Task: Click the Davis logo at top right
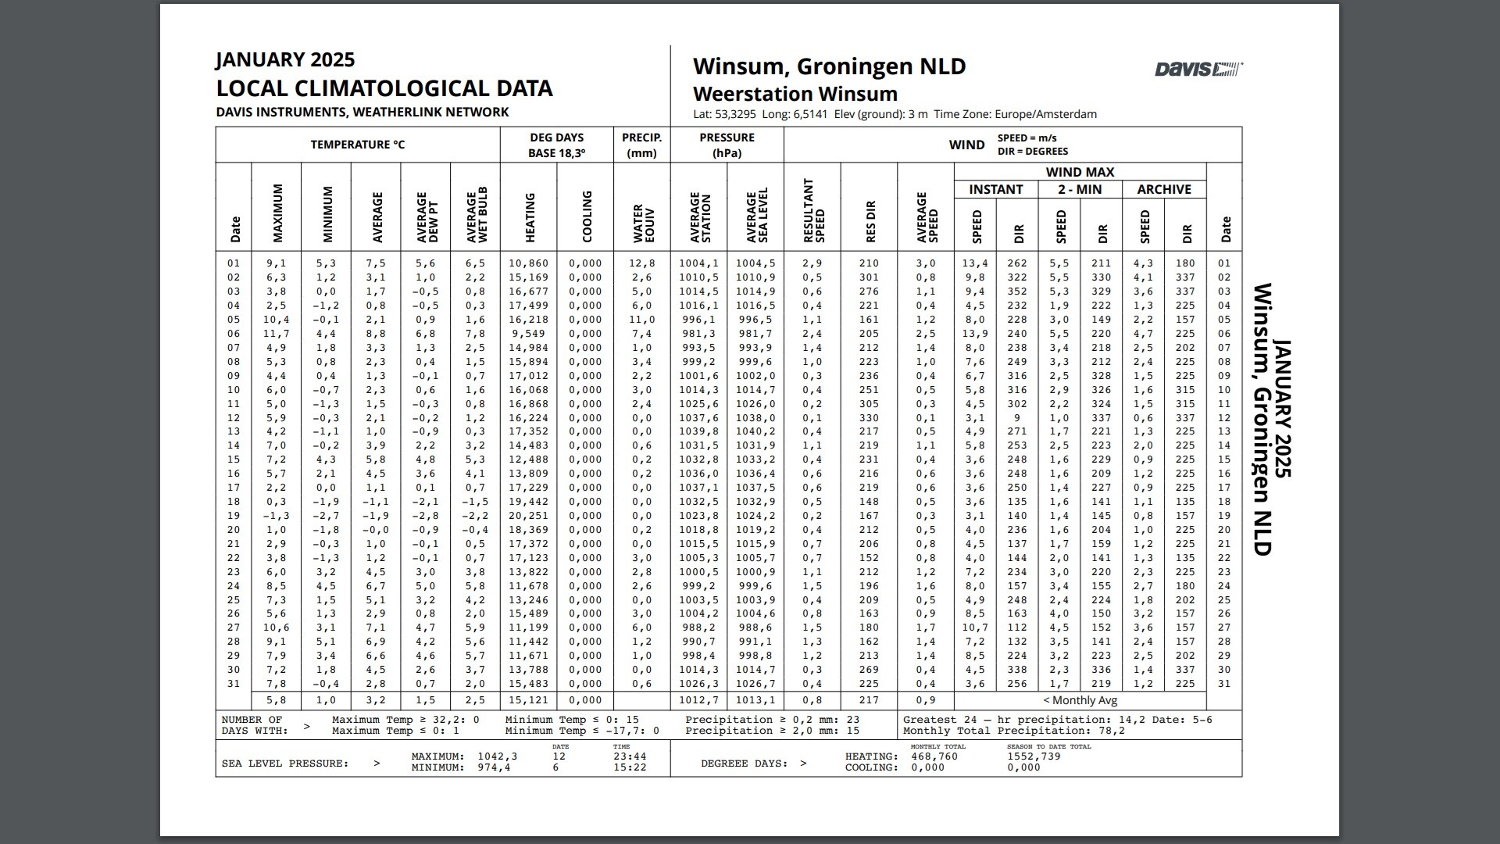pyautogui.click(x=1198, y=70)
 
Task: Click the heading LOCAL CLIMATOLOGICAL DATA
pyautogui.click(x=384, y=88)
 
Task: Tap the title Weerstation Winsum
pyautogui.click(x=795, y=94)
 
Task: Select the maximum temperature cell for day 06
pyautogui.click(x=276, y=334)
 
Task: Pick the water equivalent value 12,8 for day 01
pyautogui.click(x=641, y=263)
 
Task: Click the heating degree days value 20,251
pyautogui.click(x=528, y=516)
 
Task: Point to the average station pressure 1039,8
pyautogui.click(x=698, y=431)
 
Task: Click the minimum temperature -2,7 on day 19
pyautogui.click(x=326, y=516)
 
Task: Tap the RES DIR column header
pyautogui.click(x=870, y=222)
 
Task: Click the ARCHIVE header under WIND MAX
pyautogui.click(x=1163, y=189)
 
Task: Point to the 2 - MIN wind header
pyautogui.click(x=1080, y=189)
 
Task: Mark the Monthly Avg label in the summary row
pyautogui.click(x=1080, y=700)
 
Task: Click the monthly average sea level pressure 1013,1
pyautogui.click(x=755, y=700)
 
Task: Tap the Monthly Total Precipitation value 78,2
pyautogui.click(x=1112, y=731)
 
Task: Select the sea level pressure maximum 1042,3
pyautogui.click(x=498, y=756)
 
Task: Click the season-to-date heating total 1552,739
pyautogui.click(x=1034, y=756)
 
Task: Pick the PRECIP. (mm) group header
pyautogui.click(x=641, y=145)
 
